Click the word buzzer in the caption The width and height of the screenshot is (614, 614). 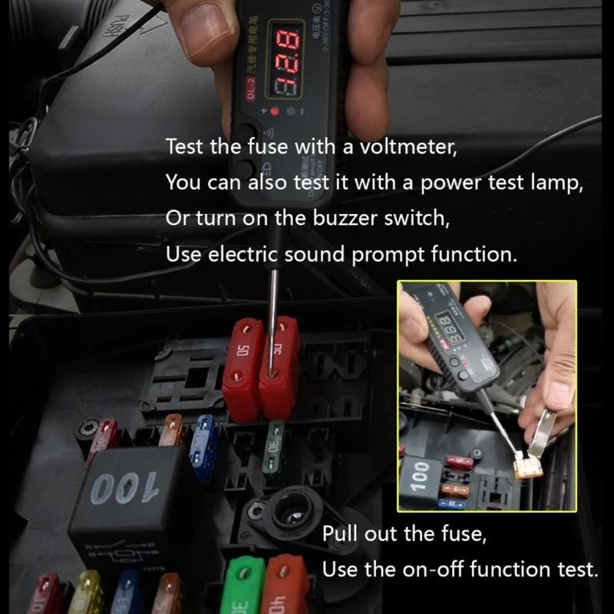348,217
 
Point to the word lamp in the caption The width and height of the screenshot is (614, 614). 546,182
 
